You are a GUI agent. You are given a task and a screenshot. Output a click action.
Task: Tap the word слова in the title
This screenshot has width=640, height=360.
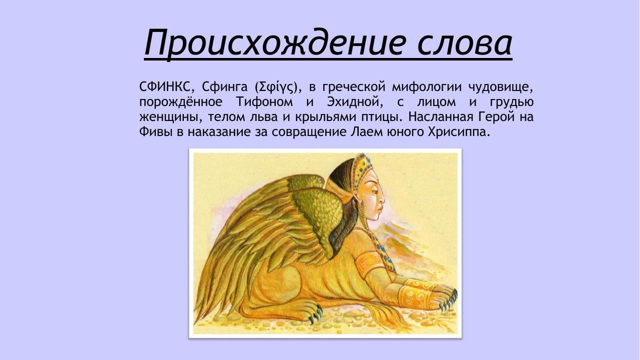tap(464, 43)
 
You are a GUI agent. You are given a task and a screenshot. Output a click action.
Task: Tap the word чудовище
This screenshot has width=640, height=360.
tap(501, 87)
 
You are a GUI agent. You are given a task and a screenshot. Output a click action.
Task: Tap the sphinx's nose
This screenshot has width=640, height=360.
tap(383, 198)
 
